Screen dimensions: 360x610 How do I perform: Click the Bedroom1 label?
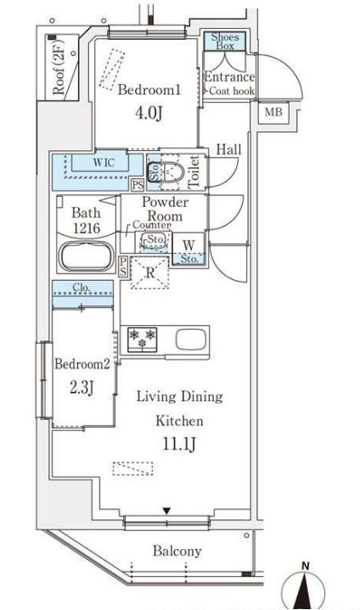[149, 90]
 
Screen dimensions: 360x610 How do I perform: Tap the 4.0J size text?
[149, 113]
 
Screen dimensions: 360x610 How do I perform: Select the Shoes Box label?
[225, 42]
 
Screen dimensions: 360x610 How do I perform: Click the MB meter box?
[273, 113]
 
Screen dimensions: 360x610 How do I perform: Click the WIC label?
[104, 162]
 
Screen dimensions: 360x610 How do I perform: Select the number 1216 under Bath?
[87, 228]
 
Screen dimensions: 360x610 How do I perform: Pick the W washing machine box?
[188, 249]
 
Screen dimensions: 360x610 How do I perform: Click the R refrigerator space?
[149, 272]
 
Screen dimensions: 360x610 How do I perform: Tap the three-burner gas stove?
[142, 339]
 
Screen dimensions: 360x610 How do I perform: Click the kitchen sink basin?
[190, 339]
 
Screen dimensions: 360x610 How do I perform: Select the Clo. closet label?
[82, 288]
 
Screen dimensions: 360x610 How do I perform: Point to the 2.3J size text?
[82, 388]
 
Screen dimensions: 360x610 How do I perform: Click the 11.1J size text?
[178, 445]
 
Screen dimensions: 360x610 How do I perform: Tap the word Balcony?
[177, 551]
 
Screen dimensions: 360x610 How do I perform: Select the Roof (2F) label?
[59, 71]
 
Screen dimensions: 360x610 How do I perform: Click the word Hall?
[228, 149]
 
